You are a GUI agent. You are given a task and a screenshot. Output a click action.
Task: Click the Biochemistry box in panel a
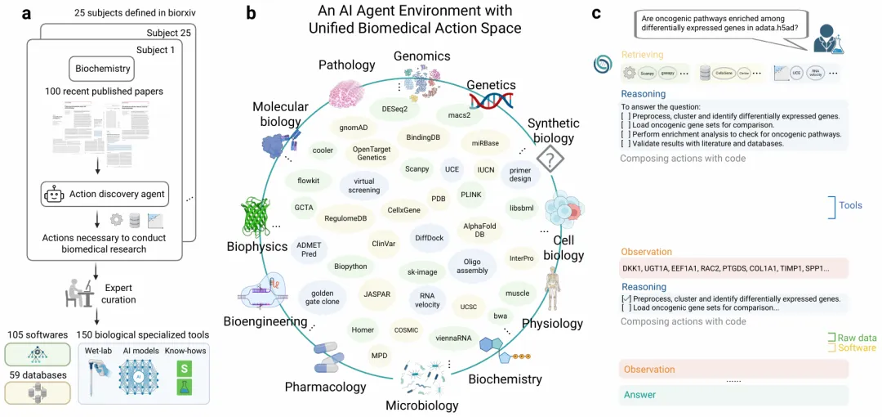pyautogui.click(x=103, y=69)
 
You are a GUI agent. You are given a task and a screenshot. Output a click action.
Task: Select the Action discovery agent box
pyautogui.click(x=104, y=194)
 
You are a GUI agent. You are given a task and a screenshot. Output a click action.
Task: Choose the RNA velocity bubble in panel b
pyautogui.click(x=426, y=300)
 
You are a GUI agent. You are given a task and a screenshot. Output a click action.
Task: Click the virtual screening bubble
pyautogui.click(x=364, y=185)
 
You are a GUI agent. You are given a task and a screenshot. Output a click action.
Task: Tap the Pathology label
pyautogui.click(x=346, y=65)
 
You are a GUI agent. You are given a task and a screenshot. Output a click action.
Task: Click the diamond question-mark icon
pyautogui.click(x=550, y=159)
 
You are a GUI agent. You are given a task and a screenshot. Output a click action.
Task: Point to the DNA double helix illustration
pyautogui.click(x=490, y=101)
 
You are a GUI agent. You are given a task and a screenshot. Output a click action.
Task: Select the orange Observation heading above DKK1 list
pyautogui.click(x=646, y=252)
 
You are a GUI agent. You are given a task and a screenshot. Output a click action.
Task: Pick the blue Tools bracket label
pyautogui.click(x=850, y=205)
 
